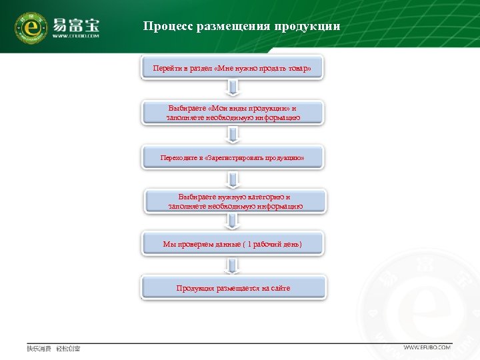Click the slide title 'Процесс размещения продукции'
click(241, 27)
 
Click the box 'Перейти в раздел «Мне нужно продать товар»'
click(232, 69)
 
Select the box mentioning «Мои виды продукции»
click(233, 113)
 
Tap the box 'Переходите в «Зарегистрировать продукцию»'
click(233, 158)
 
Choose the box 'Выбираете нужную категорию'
click(235, 201)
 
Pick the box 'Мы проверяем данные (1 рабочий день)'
click(232, 244)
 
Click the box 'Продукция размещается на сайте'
click(233, 288)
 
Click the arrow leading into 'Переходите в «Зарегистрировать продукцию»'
click(233, 135)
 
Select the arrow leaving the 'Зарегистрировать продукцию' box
click(233, 179)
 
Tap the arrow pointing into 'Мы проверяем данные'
click(233, 223)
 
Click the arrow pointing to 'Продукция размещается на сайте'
click(233, 266)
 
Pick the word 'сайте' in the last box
click(280, 288)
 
